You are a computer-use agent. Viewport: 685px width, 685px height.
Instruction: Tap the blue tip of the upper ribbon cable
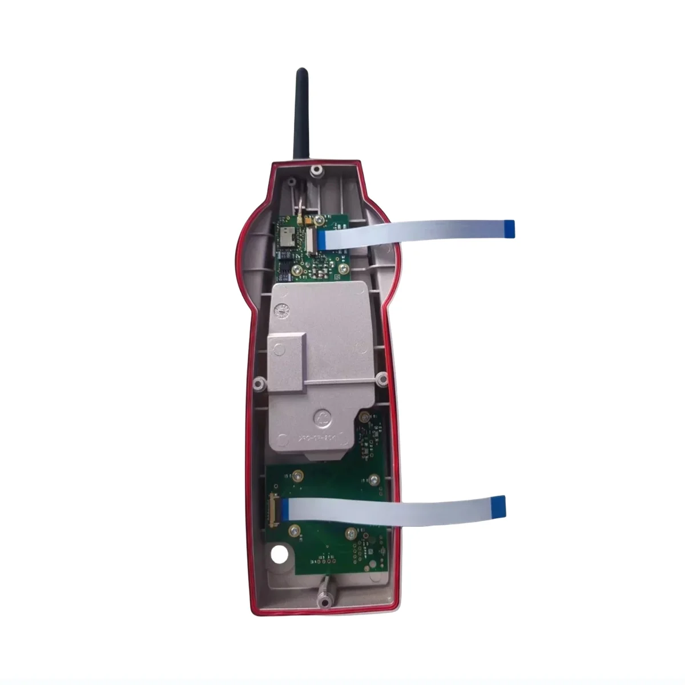(x=510, y=228)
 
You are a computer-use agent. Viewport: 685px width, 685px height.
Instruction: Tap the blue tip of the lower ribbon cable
(x=498, y=504)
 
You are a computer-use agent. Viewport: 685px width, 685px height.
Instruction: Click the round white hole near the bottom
(x=280, y=554)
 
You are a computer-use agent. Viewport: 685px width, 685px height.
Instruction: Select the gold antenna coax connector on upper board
(x=298, y=218)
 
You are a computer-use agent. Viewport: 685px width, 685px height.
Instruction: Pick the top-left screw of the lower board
(x=297, y=476)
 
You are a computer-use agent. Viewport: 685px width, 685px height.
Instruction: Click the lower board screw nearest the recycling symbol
(x=374, y=478)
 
